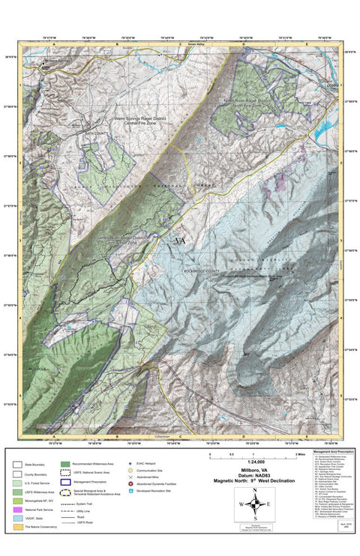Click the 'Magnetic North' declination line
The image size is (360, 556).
255,481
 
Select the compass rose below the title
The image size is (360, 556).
255,504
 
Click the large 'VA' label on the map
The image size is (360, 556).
180,241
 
